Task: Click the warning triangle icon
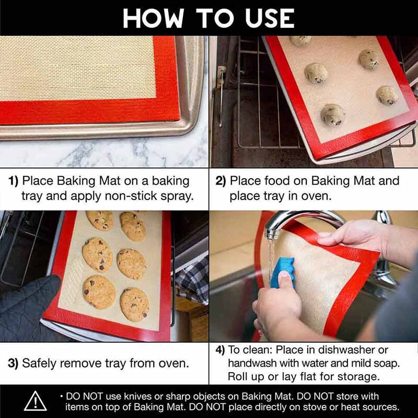coord(35,401)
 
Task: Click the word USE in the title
coord(270,18)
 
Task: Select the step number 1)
coord(14,181)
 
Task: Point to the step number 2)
coord(220,181)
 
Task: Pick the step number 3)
coord(13,363)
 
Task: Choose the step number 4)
coord(220,350)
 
